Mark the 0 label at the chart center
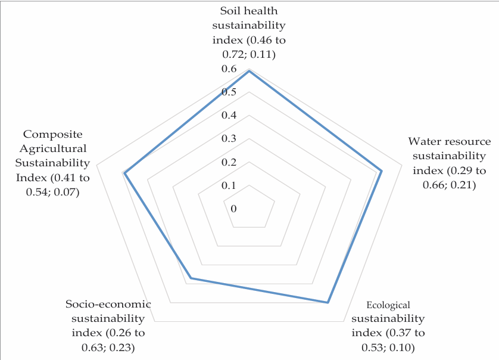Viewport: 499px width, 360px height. (x=233, y=209)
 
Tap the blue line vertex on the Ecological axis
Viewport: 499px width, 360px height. (x=328, y=303)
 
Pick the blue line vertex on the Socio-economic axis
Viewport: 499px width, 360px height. (x=191, y=278)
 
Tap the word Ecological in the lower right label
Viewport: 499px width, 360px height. (x=388, y=305)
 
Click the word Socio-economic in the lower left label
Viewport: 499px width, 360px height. (x=108, y=304)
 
